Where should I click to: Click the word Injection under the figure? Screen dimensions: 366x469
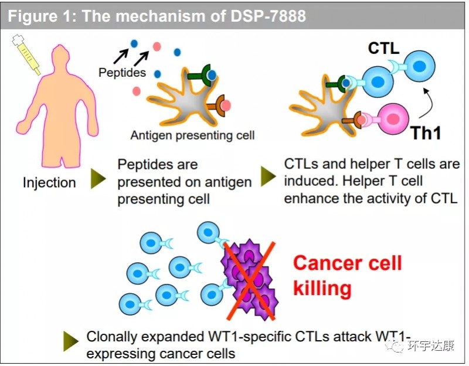(49, 182)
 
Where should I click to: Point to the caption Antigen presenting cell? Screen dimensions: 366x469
(192, 135)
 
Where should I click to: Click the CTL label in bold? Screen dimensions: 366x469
(384, 49)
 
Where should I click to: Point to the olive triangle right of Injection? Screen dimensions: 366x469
(98, 179)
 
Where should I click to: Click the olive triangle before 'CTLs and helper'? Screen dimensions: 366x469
(268, 175)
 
